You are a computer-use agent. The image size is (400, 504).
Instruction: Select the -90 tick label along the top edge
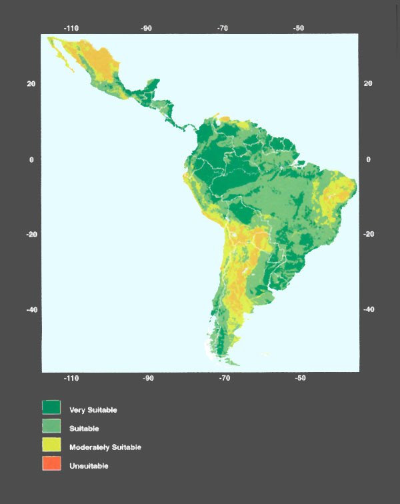(147, 29)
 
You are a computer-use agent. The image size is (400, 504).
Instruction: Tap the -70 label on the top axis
(223, 29)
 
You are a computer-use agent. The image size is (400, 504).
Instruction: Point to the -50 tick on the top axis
(299, 29)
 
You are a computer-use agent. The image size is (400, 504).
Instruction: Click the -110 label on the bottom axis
(71, 378)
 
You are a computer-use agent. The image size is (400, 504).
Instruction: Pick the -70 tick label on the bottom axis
(225, 378)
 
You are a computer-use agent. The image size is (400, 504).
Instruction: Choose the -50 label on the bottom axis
(300, 378)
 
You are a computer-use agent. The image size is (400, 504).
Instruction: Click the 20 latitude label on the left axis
(31, 83)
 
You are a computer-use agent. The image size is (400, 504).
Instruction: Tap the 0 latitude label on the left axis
(31, 159)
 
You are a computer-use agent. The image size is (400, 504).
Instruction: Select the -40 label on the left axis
(31, 310)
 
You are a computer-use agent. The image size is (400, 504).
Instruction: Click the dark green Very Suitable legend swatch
(51, 407)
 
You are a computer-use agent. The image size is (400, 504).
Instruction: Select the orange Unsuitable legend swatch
(51, 463)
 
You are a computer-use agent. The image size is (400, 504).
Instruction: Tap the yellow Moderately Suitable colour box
(51, 445)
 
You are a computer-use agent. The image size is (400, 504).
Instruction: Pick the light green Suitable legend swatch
(51, 426)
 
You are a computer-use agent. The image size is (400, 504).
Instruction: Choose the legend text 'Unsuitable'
(89, 465)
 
